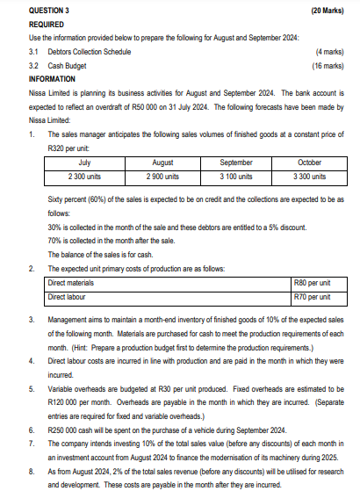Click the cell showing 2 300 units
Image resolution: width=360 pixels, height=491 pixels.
[x=85, y=176]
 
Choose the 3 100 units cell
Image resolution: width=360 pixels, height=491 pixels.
[x=237, y=176]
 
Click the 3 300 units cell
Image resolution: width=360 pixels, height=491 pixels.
[x=311, y=176]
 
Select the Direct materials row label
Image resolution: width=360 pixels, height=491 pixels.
[x=73, y=283]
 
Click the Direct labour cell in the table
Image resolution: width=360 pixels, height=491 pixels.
[x=68, y=297]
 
